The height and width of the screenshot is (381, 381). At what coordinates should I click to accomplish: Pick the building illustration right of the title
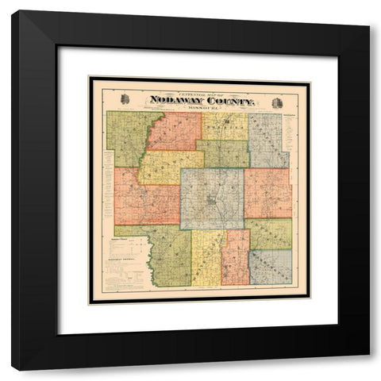(277, 102)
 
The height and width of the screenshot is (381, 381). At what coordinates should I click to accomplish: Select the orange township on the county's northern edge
(175, 131)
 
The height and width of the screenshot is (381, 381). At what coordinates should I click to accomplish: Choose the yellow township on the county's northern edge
(224, 126)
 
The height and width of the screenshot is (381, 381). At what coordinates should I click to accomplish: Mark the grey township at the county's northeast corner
(268, 140)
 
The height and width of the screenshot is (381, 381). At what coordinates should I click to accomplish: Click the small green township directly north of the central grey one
(222, 154)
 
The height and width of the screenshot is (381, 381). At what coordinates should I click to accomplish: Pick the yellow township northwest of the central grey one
(170, 167)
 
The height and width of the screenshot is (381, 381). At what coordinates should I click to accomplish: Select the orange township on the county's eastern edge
(267, 193)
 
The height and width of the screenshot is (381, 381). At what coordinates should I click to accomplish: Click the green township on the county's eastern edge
(270, 233)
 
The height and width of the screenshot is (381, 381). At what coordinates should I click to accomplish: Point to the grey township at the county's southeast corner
(271, 267)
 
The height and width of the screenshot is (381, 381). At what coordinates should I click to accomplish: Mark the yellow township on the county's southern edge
(207, 258)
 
